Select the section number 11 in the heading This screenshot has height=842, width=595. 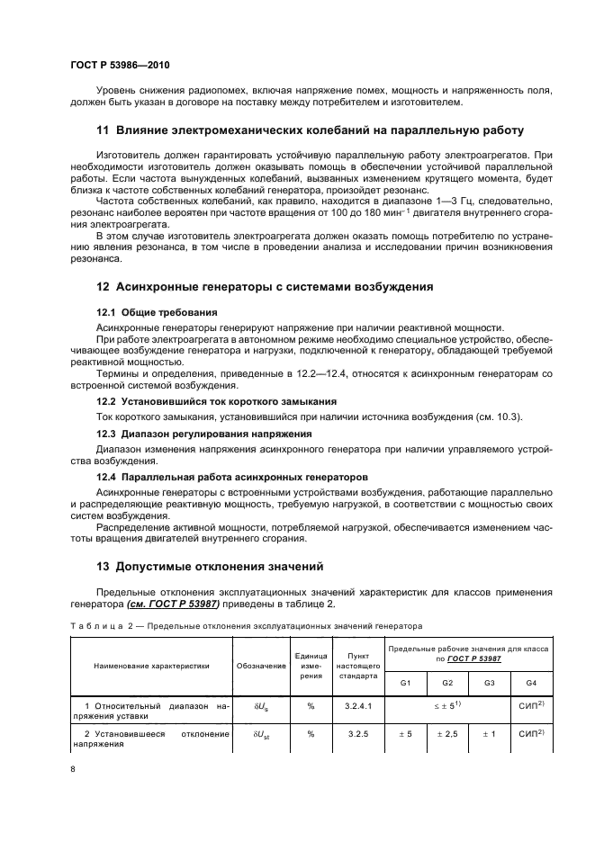point(103,130)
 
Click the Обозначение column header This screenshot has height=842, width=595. point(259,667)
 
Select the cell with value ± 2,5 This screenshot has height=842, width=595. point(446,734)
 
